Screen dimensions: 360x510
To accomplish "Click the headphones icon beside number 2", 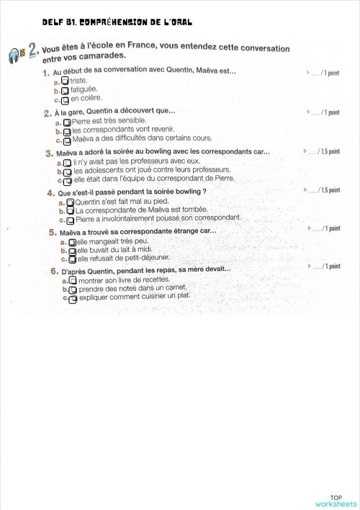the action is point(14,55).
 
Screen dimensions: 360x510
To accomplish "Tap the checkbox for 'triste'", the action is point(65,81).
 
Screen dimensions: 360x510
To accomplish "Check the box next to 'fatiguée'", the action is point(65,91).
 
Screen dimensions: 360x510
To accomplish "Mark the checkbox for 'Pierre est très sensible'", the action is point(68,123).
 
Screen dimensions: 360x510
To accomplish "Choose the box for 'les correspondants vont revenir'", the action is point(68,132).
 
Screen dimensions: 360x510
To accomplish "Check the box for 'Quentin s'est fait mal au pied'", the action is point(71,204).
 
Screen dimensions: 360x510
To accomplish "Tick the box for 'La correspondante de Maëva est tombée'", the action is point(71,212).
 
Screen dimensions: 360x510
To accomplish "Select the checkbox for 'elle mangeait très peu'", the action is point(72,243).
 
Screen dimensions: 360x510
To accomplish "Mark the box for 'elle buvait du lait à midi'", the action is point(72,251).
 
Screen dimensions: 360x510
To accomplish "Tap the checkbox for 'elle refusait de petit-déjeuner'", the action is point(72,259).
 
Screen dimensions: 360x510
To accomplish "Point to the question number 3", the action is point(49,153).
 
